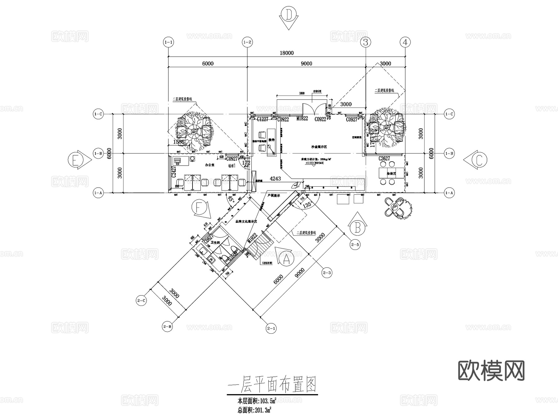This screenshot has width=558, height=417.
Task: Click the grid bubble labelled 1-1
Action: [168, 42]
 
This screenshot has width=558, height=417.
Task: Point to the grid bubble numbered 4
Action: [405, 42]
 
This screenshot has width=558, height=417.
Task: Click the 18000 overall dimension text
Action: [286, 53]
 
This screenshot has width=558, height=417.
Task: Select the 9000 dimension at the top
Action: [306, 63]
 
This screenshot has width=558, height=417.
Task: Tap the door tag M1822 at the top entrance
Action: [302, 119]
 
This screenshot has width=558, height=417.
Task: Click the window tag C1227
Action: [262, 119]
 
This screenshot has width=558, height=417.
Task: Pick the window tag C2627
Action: [384, 159]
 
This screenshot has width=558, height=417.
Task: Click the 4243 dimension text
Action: [275, 178]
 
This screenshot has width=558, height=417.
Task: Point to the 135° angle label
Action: [307, 205]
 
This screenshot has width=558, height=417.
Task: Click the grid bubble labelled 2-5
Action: [355, 245]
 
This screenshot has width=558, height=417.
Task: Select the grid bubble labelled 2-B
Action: [167, 326]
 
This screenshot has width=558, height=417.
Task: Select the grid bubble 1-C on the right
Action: [449, 114]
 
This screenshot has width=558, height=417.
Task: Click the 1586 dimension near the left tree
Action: [179, 142]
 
